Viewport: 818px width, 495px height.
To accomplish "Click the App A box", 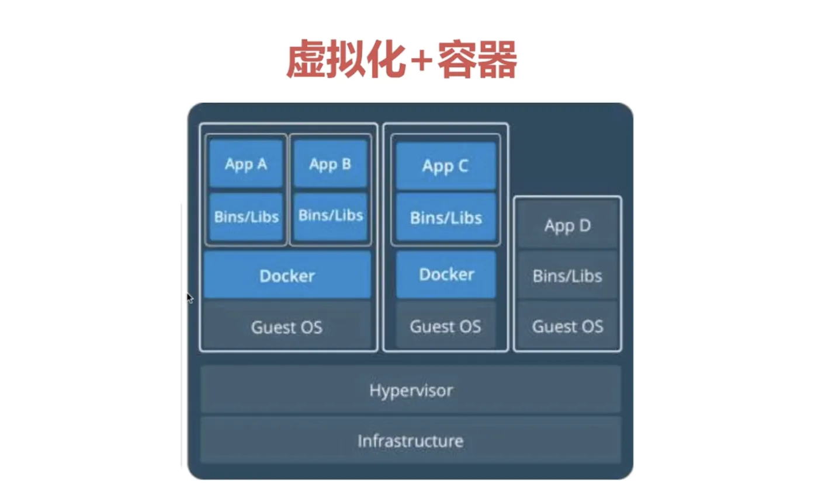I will click(246, 164).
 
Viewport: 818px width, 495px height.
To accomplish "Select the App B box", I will click(330, 164).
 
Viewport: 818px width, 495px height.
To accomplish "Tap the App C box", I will click(446, 166).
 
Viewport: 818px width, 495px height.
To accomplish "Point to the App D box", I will click(567, 225).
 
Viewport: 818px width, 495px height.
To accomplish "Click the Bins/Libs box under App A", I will click(246, 217).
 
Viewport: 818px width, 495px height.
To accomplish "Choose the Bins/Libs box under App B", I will click(331, 215).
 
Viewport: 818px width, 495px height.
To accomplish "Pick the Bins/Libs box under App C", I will click(446, 218).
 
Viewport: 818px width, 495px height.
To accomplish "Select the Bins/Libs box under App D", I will click(567, 276).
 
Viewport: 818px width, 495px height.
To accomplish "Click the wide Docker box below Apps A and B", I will click(287, 276).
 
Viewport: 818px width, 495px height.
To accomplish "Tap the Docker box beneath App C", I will click(446, 274).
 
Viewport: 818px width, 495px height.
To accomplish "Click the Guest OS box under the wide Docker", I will click(287, 326).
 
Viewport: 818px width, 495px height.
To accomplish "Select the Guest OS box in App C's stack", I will click(446, 326).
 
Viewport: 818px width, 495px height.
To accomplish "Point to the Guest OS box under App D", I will click(567, 326).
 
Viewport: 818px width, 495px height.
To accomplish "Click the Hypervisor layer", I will click(411, 389).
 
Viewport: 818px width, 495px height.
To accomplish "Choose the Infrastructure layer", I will click(411, 440).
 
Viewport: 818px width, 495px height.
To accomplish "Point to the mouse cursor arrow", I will click(189, 298).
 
